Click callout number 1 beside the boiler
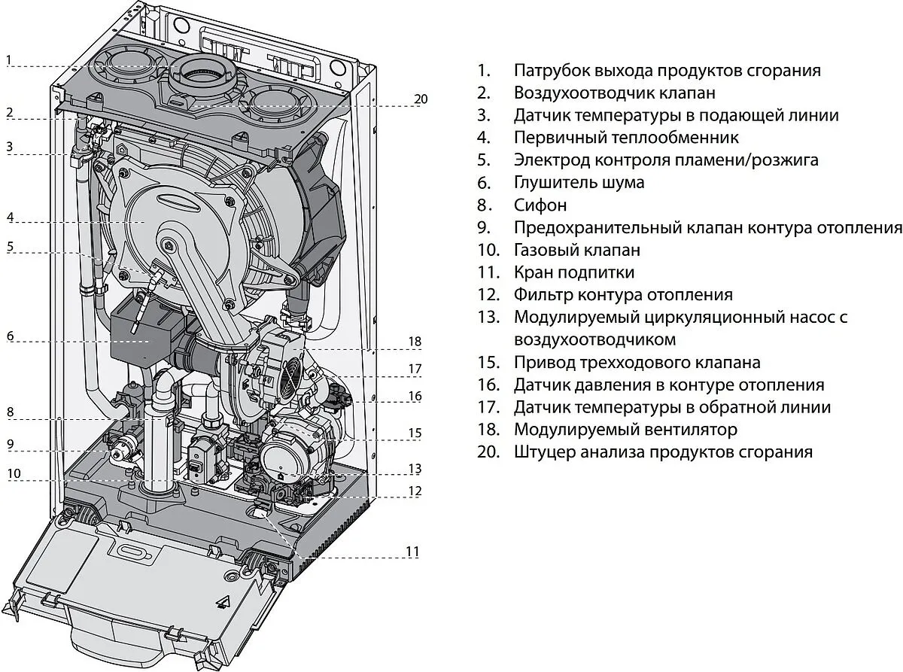click(x=8, y=59)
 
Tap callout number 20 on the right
click(x=421, y=99)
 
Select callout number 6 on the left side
click(x=10, y=336)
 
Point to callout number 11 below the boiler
click(x=412, y=552)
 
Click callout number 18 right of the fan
click(x=415, y=341)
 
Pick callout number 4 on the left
click(x=10, y=217)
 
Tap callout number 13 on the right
click(x=415, y=468)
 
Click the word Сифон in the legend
click(x=540, y=205)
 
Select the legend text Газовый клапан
click(x=577, y=250)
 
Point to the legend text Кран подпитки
click(x=574, y=272)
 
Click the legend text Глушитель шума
click(x=579, y=182)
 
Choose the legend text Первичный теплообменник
click(x=626, y=138)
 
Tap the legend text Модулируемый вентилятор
click(x=625, y=430)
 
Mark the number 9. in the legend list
click(x=483, y=227)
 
